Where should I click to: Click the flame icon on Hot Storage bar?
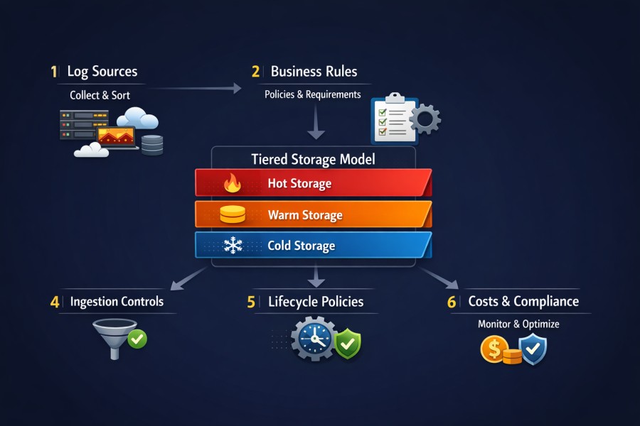pyautogui.click(x=232, y=184)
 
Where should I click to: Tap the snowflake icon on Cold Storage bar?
pyautogui.click(x=233, y=246)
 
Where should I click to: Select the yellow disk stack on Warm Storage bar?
pyautogui.click(x=232, y=215)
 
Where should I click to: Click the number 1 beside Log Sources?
pyautogui.click(x=53, y=72)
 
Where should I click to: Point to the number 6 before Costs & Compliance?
pyautogui.click(x=452, y=302)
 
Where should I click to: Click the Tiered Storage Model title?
pyautogui.click(x=313, y=159)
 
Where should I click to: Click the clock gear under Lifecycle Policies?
pyautogui.click(x=313, y=339)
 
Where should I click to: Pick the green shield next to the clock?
pyautogui.click(x=348, y=344)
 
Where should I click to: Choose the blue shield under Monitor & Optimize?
pyautogui.click(x=532, y=348)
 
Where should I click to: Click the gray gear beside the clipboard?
pyautogui.click(x=425, y=119)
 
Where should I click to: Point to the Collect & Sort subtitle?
pyautogui.click(x=100, y=94)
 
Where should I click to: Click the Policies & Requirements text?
pyautogui.click(x=312, y=94)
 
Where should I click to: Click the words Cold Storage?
pyautogui.click(x=301, y=246)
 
